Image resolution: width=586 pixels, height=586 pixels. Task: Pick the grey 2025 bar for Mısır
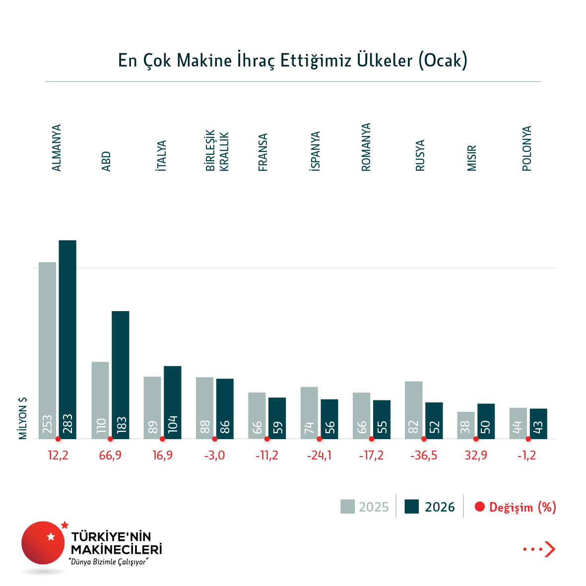tap(466, 425)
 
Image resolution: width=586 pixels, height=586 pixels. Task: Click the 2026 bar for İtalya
tap(173, 402)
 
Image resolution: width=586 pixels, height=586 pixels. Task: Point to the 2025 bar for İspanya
tap(309, 413)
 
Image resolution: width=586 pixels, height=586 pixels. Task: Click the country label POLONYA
tap(527, 148)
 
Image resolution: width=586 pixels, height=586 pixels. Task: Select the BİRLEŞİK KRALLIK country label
tap(217, 151)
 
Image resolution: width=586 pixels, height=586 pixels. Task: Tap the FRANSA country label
tap(263, 152)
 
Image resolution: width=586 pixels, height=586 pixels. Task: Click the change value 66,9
tap(110, 456)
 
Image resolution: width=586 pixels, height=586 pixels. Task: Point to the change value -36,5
tap(424, 456)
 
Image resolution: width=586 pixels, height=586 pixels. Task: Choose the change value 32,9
tap(476, 456)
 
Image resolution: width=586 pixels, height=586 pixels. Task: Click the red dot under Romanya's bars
tap(372, 439)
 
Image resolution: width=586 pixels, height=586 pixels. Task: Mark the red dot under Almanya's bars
tap(58, 439)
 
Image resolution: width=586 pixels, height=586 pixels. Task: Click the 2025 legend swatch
tap(347, 507)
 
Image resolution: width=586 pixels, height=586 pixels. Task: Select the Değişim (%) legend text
tap(522, 507)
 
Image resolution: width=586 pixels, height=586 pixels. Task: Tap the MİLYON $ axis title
tap(23, 418)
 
